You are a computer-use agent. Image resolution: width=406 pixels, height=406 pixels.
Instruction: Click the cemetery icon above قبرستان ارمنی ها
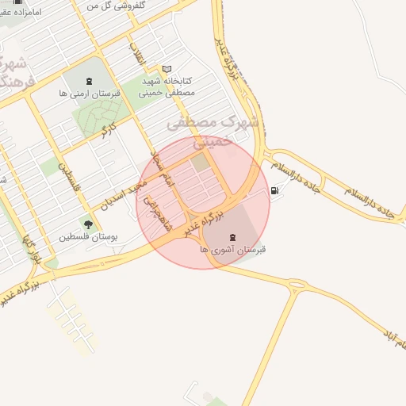tap(87, 82)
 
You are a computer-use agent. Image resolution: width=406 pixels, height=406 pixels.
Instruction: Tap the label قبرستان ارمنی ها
tap(89, 94)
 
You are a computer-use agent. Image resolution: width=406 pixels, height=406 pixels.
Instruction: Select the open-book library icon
tap(167, 69)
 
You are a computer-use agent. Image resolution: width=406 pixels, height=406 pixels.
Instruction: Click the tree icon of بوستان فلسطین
tap(88, 224)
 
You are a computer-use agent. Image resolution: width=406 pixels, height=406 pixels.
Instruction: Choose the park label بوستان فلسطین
tap(88, 237)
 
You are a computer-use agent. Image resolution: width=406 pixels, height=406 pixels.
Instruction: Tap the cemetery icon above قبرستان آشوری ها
tap(232, 236)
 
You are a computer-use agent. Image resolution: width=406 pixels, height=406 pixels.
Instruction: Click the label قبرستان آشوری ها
tap(232, 249)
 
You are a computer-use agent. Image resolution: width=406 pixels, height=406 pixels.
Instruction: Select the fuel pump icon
tap(274, 190)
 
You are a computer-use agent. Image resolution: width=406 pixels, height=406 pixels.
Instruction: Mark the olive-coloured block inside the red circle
tap(198, 162)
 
